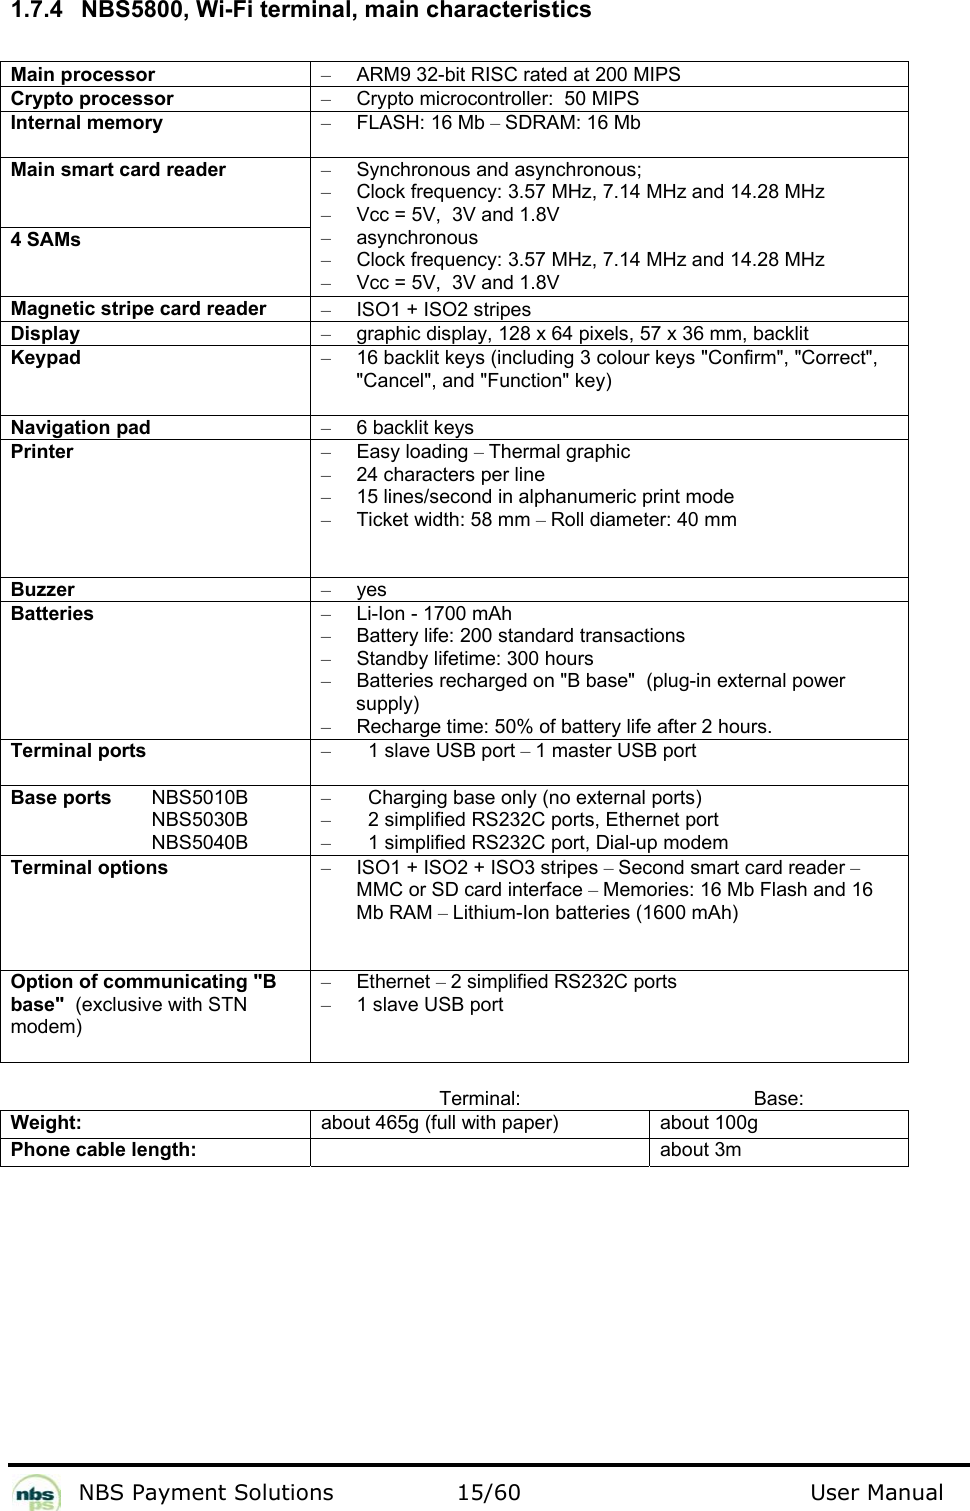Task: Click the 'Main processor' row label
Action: [83, 75]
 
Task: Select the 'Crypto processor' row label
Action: [92, 99]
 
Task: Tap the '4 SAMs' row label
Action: [46, 240]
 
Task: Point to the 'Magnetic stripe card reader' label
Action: [138, 309]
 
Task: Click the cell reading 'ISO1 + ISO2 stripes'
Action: [443, 310]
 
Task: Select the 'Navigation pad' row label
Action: [81, 428]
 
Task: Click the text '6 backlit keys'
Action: [415, 428]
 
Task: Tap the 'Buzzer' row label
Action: [43, 590]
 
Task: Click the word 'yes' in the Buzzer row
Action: [371, 590]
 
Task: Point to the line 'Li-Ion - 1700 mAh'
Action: [433, 614]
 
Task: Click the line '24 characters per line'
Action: [450, 475]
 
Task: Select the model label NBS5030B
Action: [200, 820]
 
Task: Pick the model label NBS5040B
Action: [200, 843]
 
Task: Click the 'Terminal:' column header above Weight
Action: [479, 1098]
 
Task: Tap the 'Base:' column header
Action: [779, 1098]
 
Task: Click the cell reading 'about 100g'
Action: [708, 1123]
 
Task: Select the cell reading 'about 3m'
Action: [700, 1150]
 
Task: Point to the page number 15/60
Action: [488, 1493]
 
